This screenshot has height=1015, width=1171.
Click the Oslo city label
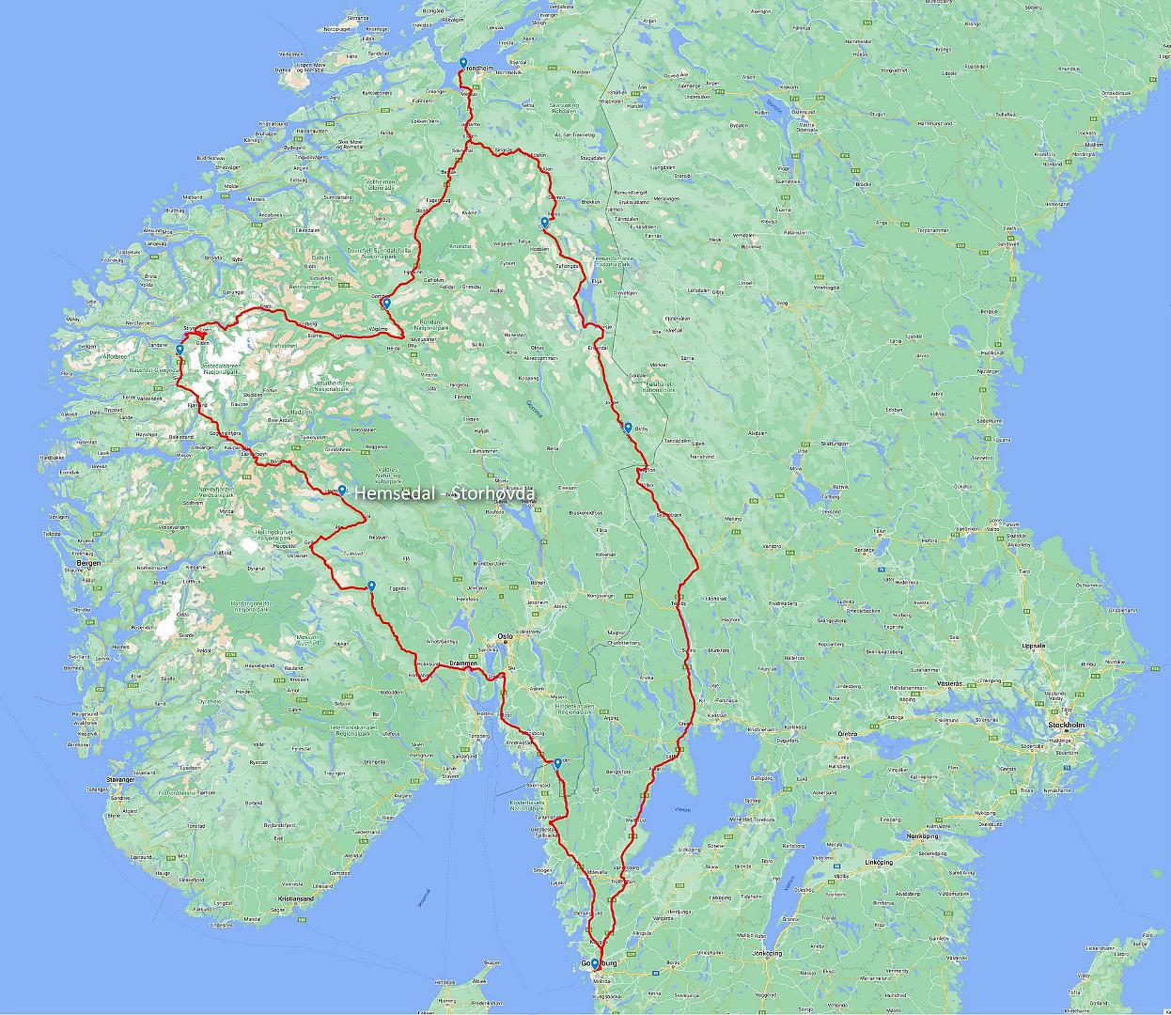click(x=505, y=636)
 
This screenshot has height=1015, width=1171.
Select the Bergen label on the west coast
click(x=88, y=563)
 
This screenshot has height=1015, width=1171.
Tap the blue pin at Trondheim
click(x=463, y=63)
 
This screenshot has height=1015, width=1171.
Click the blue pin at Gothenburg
click(x=594, y=962)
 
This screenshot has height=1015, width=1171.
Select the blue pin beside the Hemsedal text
click(x=342, y=490)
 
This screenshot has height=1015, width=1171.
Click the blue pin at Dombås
click(x=386, y=303)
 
